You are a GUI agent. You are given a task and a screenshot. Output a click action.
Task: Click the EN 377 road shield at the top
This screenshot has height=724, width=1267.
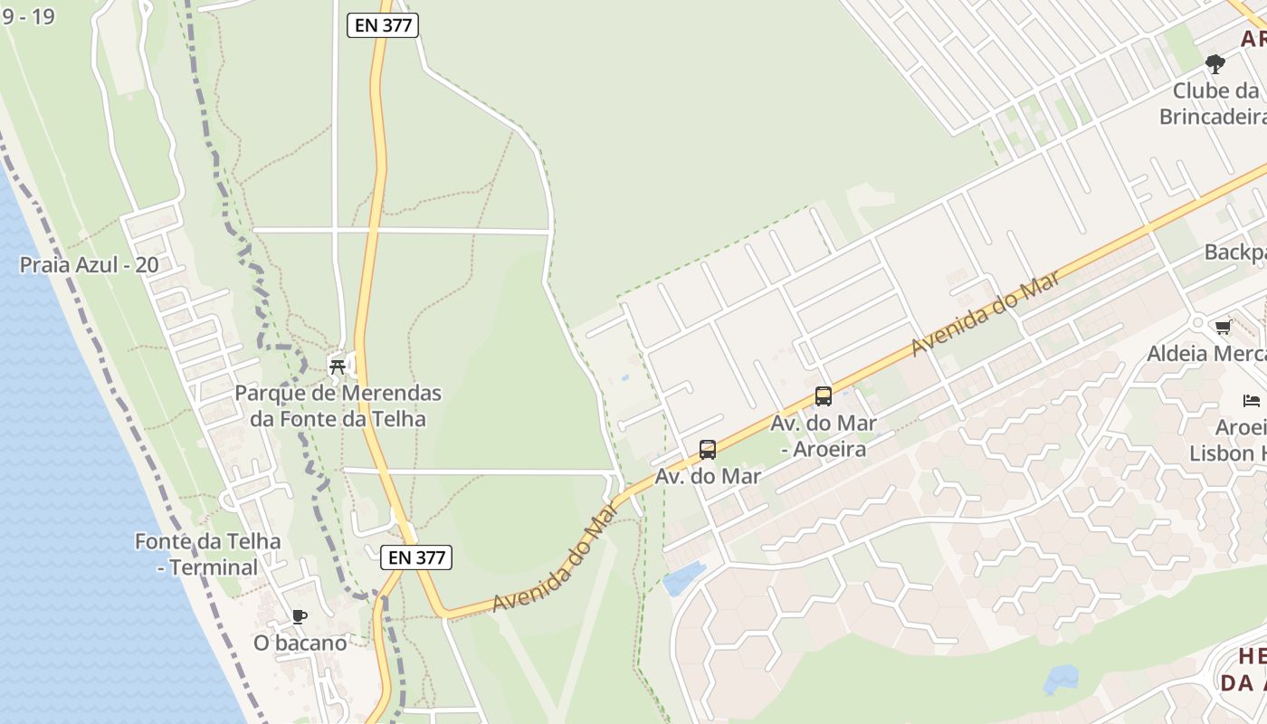click(x=383, y=25)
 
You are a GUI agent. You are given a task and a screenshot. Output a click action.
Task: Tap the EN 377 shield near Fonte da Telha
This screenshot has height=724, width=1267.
click(x=416, y=557)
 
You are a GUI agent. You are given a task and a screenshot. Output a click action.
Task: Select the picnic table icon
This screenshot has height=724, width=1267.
click(x=338, y=366)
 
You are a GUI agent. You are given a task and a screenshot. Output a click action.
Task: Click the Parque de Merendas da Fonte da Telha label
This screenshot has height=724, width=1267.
click(x=338, y=406)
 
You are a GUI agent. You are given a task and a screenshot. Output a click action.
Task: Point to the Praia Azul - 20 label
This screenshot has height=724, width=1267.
click(x=89, y=265)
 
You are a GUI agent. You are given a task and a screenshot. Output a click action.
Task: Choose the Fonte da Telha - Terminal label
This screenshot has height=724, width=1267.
click(x=208, y=554)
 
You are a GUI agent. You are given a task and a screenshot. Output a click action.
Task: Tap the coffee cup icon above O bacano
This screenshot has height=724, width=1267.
click(x=300, y=617)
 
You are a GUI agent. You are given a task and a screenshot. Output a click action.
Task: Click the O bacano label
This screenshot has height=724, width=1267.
click(x=300, y=643)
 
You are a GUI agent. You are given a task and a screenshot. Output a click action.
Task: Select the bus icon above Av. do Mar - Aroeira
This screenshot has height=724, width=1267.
click(x=823, y=395)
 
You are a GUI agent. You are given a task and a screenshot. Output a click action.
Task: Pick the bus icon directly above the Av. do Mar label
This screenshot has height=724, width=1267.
click(x=708, y=449)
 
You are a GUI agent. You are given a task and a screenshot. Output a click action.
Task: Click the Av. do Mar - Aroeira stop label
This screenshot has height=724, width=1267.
click(x=824, y=435)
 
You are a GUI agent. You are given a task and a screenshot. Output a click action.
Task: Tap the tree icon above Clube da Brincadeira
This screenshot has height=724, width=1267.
click(x=1215, y=64)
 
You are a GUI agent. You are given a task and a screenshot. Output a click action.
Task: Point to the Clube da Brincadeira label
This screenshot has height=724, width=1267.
click(x=1213, y=103)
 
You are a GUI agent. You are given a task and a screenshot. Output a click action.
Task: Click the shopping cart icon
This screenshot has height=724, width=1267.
click(x=1224, y=327)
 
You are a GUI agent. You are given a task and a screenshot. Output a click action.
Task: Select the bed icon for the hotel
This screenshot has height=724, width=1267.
click(x=1252, y=400)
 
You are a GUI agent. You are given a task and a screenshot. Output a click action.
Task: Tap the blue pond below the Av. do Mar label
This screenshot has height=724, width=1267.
click(x=684, y=577)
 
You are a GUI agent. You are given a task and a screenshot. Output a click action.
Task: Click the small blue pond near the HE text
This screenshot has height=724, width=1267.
click(x=1062, y=678)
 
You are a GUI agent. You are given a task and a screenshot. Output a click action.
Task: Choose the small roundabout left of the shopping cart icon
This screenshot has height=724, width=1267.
click(x=1197, y=322)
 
